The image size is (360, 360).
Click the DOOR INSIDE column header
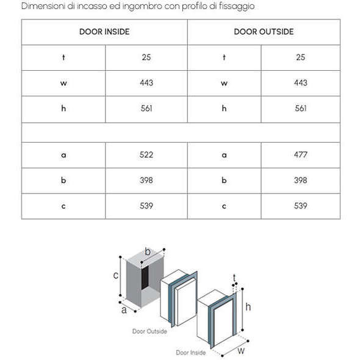104,32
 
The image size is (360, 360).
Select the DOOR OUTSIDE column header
264,32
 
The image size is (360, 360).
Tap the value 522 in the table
146,155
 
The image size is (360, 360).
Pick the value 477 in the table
301,155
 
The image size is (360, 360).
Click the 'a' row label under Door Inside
63,155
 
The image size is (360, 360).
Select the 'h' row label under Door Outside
224,108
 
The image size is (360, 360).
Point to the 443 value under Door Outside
301,82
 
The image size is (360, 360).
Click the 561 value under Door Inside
146,108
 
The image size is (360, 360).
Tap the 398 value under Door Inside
146,180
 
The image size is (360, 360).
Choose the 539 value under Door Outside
301,206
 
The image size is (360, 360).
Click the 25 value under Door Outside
301,57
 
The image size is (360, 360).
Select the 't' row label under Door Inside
63,57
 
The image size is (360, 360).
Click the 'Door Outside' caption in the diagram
149,331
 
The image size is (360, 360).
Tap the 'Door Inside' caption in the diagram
191,353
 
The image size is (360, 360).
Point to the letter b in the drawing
148,251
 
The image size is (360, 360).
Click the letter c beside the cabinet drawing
116,275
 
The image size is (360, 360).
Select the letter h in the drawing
248,307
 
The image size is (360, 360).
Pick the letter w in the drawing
241,351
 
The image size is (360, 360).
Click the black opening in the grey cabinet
145,278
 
